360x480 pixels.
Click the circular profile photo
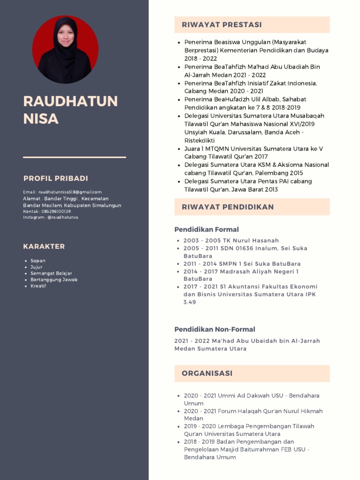(x=65, y=50)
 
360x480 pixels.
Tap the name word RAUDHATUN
(x=70, y=101)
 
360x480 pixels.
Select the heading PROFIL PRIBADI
(x=56, y=179)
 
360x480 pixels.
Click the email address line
(x=62, y=192)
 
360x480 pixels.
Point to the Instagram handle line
(x=51, y=217)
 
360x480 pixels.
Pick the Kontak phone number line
(x=47, y=211)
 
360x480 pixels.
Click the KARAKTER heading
(x=44, y=247)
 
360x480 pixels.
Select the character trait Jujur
(x=36, y=267)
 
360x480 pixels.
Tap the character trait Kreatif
(x=38, y=286)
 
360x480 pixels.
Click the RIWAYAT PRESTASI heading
(x=222, y=25)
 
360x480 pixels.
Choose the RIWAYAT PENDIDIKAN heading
(x=228, y=207)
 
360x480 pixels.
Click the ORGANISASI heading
(x=207, y=374)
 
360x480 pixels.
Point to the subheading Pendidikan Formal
(x=206, y=230)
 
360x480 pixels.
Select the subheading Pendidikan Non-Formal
(x=215, y=330)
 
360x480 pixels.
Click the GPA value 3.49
(x=189, y=302)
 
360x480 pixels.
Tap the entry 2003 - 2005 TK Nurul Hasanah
(x=231, y=240)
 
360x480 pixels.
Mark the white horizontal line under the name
(x=75, y=157)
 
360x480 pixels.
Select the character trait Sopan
(x=37, y=261)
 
